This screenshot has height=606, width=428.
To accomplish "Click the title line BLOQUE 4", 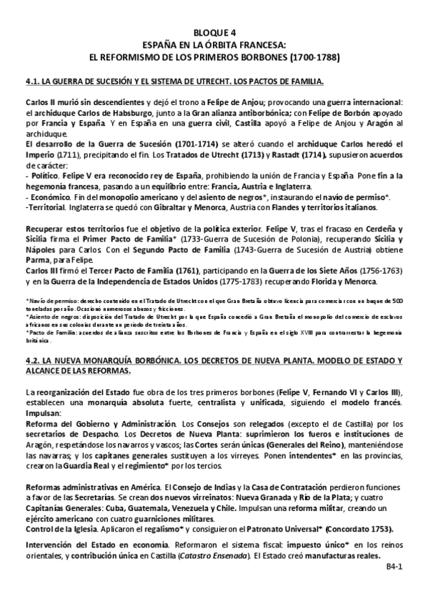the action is point(214,32).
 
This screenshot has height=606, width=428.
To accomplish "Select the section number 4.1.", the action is point(31,81).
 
